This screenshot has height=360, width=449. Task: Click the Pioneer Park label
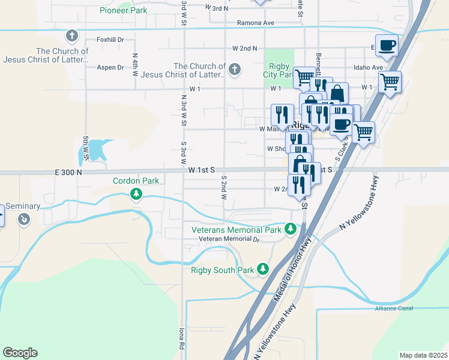(x=124, y=10)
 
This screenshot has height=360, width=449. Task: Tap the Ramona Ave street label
(x=255, y=23)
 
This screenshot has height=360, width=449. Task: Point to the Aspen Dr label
(x=110, y=68)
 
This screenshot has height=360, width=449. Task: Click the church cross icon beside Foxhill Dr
(x=73, y=36)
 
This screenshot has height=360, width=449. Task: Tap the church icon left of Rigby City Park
(x=234, y=70)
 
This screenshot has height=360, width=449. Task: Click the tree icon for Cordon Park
(x=137, y=193)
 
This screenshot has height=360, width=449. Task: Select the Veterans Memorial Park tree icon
(x=291, y=228)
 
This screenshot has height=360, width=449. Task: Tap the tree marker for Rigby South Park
(x=262, y=268)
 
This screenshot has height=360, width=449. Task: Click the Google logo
(x=20, y=353)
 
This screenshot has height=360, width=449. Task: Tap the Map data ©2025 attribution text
(x=423, y=355)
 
